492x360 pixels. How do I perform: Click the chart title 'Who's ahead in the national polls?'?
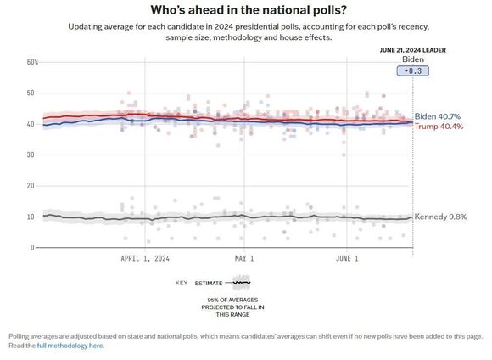click(249, 9)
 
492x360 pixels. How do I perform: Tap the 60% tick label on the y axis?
click(32, 62)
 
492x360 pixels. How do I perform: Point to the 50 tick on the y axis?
click(31, 93)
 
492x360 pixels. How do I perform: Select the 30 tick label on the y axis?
click(31, 155)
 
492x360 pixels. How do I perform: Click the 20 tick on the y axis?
click(31, 186)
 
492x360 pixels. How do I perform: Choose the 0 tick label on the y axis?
click(32, 248)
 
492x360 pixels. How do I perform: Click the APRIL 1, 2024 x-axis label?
click(145, 258)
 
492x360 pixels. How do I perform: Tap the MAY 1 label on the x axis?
click(244, 258)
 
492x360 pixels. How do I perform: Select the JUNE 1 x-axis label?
click(347, 258)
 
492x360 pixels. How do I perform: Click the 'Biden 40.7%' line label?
click(438, 116)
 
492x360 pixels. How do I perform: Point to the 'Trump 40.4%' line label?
click(439, 127)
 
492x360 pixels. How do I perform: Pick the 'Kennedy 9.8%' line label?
click(440, 217)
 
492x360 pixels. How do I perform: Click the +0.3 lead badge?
click(412, 70)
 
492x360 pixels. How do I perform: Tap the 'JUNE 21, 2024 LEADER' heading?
click(412, 50)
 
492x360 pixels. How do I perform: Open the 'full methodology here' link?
click(70, 346)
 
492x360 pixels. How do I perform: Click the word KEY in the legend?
click(182, 283)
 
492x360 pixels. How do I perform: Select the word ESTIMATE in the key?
click(209, 284)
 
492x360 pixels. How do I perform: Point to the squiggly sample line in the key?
click(242, 283)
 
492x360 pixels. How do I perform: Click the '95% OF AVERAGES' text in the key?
click(232, 300)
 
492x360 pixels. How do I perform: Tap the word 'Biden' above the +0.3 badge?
click(413, 59)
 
